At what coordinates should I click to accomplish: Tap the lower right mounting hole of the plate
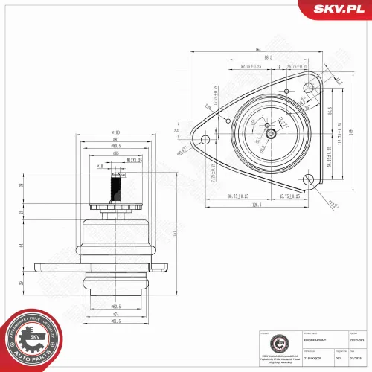(x=307, y=178)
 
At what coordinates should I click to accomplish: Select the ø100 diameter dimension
(x=115, y=134)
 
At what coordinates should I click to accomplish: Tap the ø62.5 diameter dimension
(x=116, y=306)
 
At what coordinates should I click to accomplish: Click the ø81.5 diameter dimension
(x=116, y=321)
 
